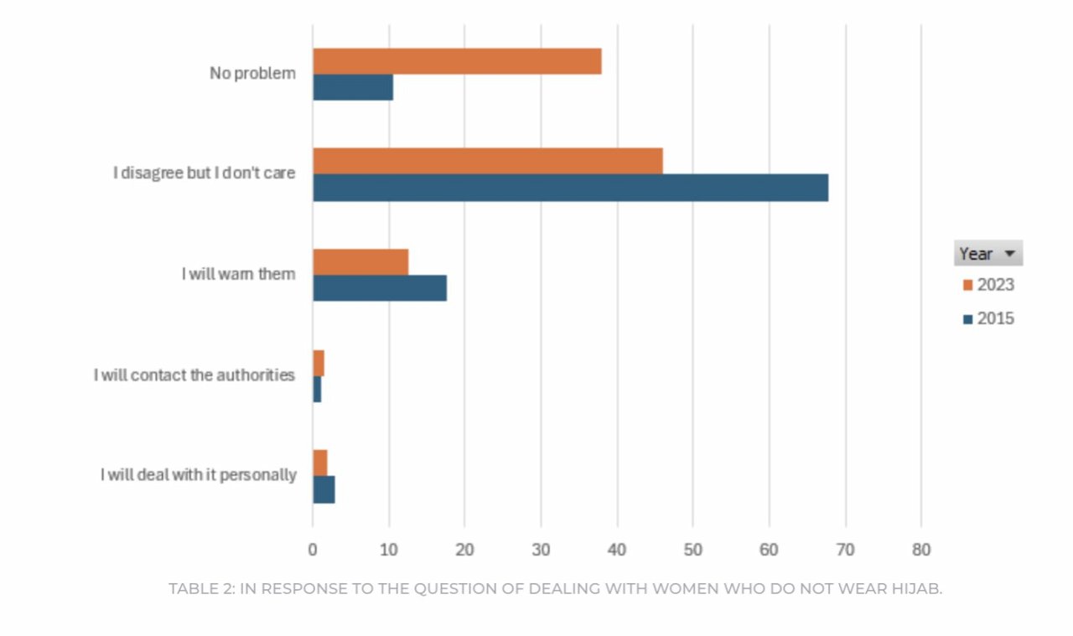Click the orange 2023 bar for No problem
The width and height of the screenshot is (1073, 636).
pos(457,61)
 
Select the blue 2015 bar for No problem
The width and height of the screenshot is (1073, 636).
pos(353,87)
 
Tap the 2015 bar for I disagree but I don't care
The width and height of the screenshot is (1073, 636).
pos(570,188)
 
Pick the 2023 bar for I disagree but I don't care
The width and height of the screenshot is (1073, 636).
pos(488,161)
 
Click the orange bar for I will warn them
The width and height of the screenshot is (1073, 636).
pos(360,261)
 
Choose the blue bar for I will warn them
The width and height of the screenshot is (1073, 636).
pos(380,288)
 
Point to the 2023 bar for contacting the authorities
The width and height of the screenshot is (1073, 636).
pos(319,363)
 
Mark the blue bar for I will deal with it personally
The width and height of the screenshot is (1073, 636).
pos(324,489)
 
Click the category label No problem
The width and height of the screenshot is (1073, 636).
pos(252,74)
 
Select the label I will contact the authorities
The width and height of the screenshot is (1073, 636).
pos(194,375)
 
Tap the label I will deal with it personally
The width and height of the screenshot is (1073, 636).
pos(198,475)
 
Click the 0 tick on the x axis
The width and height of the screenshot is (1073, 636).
pos(313,550)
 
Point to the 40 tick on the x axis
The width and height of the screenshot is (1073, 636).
pos(617,550)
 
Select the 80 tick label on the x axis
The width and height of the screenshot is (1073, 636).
pos(921,550)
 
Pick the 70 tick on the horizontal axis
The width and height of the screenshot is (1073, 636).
pos(845,550)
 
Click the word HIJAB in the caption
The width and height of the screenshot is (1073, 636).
pos(919,588)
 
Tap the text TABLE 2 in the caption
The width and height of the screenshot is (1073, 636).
pos(200,588)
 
